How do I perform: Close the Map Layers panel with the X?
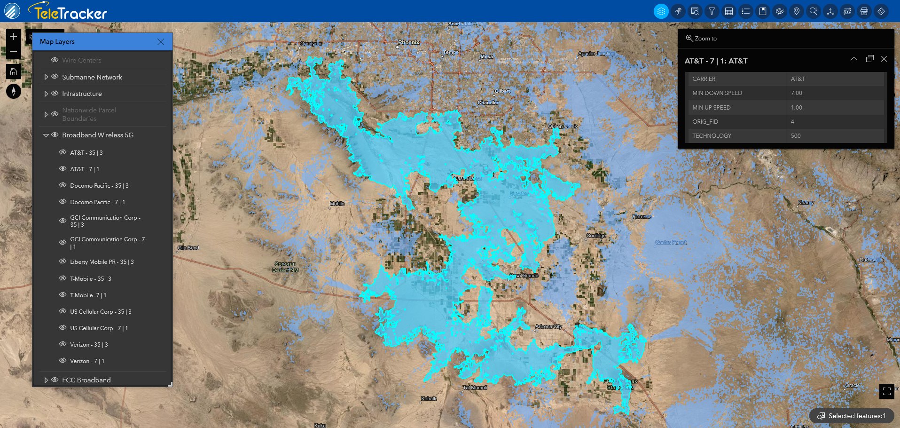tap(161, 42)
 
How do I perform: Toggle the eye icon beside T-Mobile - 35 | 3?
tap(63, 278)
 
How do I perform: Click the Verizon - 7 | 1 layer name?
tap(87, 361)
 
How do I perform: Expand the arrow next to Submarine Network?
tap(46, 77)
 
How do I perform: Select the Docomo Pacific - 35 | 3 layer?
tap(99, 186)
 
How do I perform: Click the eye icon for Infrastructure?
tap(55, 94)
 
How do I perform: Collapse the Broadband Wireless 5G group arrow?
tap(46, 135)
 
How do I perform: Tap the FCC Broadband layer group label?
tap(86, 380)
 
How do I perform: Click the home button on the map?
tap(14, 71)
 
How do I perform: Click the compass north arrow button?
tap(14, 91)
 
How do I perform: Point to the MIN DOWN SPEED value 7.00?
tap(796, 93)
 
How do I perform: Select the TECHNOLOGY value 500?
tap(796, 136)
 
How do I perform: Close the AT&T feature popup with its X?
tap(884, 59)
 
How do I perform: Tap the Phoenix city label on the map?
tap(408, 42)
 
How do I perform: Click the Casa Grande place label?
tap(524, 276)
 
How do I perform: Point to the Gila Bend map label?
tap(188, 248)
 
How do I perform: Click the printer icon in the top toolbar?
tap(864, 11)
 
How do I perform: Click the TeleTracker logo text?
tap(70, 13)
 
